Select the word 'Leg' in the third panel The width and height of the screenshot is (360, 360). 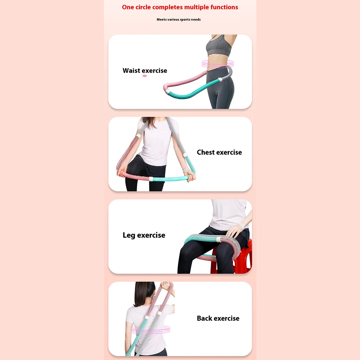(129, 235)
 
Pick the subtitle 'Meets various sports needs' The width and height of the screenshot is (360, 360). (179, 19)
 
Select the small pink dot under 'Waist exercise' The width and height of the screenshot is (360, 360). (145, 76)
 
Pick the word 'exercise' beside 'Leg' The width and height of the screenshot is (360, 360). (151, 235)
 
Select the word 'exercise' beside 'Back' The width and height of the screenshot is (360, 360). (226, 318)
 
